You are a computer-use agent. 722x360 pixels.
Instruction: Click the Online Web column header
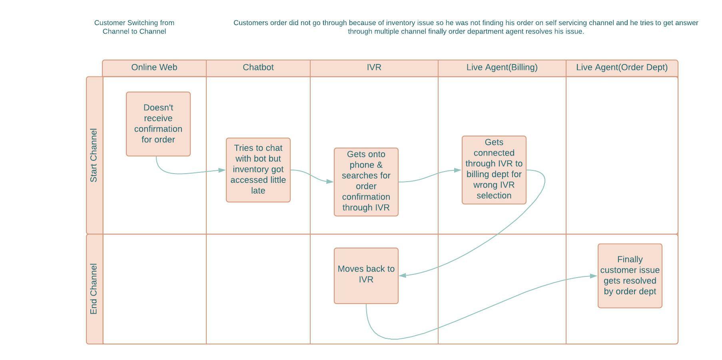[x=154, y=68]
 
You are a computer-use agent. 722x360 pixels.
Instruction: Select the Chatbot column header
[x=258, y=68]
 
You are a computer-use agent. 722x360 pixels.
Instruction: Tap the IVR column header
[x=374, y=68]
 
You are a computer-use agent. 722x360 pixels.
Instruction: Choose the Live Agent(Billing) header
[x=502, y=68]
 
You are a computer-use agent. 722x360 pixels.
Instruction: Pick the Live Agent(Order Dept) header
[x=622, y=68]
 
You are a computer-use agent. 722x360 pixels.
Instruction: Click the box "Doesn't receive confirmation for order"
[x=158, y=124]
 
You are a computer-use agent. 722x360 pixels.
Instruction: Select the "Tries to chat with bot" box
[x=258, y=170]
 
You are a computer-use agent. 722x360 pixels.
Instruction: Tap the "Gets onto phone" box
[x=366, y=182]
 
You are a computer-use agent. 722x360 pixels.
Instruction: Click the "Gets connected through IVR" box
[x=494, y=170]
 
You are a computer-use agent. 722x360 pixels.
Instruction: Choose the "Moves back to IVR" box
[x=366, y=276]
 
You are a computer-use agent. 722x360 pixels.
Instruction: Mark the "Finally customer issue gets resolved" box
[x=630, y=276]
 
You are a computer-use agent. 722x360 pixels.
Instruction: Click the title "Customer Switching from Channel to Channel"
[x=134, y=27]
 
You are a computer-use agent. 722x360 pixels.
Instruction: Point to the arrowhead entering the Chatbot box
[x=222, y=170]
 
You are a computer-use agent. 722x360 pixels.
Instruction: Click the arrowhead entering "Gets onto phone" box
[x=330, y=182]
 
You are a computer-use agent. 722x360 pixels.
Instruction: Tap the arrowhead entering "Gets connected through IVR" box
[x=458, y=170]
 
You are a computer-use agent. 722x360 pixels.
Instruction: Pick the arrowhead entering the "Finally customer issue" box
[x=594, y=276]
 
